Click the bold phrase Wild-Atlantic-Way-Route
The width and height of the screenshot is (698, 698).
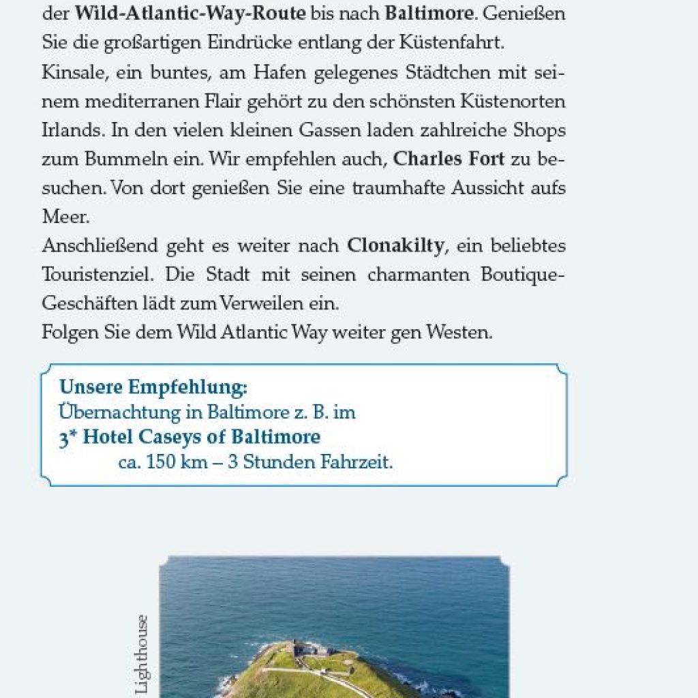coord(190,13)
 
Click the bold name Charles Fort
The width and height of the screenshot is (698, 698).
coord(449,160)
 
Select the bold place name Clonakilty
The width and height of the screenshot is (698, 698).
coord(395,245)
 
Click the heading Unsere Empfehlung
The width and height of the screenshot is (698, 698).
coord(153,388)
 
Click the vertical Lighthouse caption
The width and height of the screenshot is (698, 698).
coord(142,654)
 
